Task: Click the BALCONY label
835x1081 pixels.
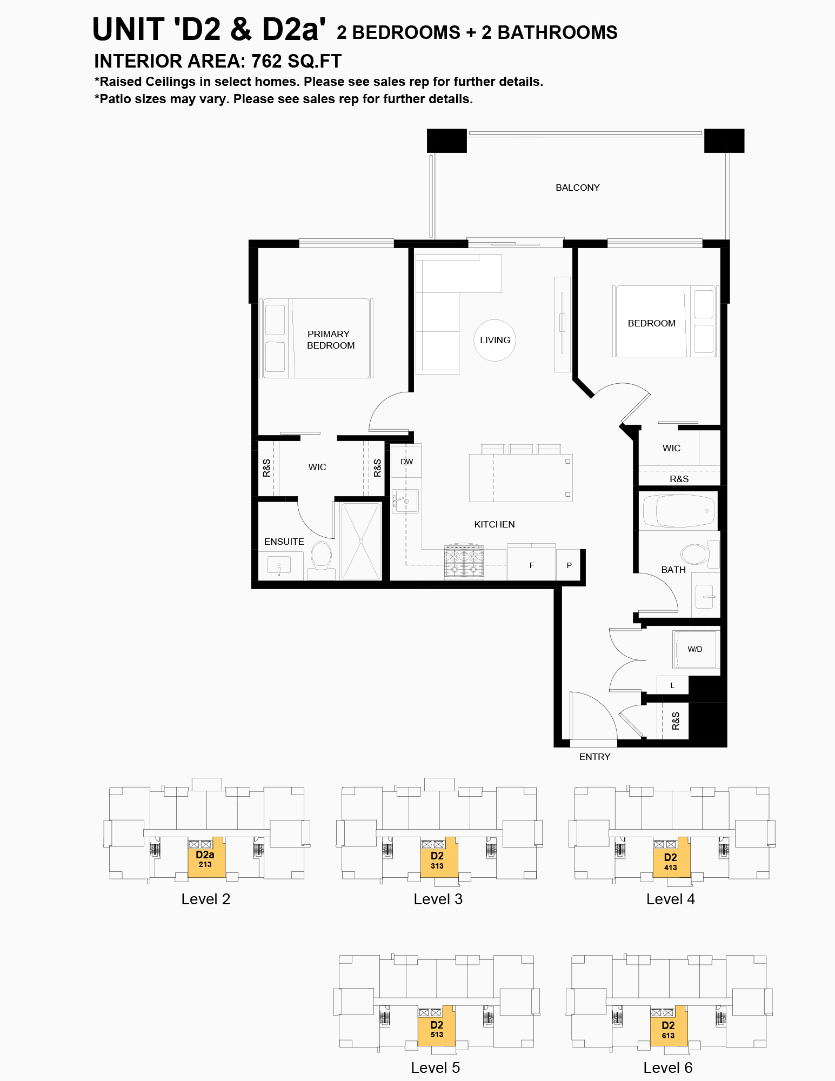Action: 577,188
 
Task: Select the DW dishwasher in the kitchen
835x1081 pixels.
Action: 406,461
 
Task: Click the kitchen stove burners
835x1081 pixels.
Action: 464,562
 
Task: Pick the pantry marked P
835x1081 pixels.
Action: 569,565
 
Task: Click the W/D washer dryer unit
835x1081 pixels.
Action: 694,649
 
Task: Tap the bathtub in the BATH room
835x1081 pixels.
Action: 678,511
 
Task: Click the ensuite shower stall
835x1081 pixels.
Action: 360,541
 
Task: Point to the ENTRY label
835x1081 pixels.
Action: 594,757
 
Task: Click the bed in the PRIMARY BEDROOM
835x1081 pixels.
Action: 317,338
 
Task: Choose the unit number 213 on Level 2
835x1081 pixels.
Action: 205,864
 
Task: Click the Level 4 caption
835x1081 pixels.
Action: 670,899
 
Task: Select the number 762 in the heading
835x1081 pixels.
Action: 266,61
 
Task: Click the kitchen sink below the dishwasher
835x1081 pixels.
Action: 405,502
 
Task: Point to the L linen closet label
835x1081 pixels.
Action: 672,685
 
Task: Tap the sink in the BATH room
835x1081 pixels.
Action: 705,597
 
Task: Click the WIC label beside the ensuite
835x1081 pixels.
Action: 317,467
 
